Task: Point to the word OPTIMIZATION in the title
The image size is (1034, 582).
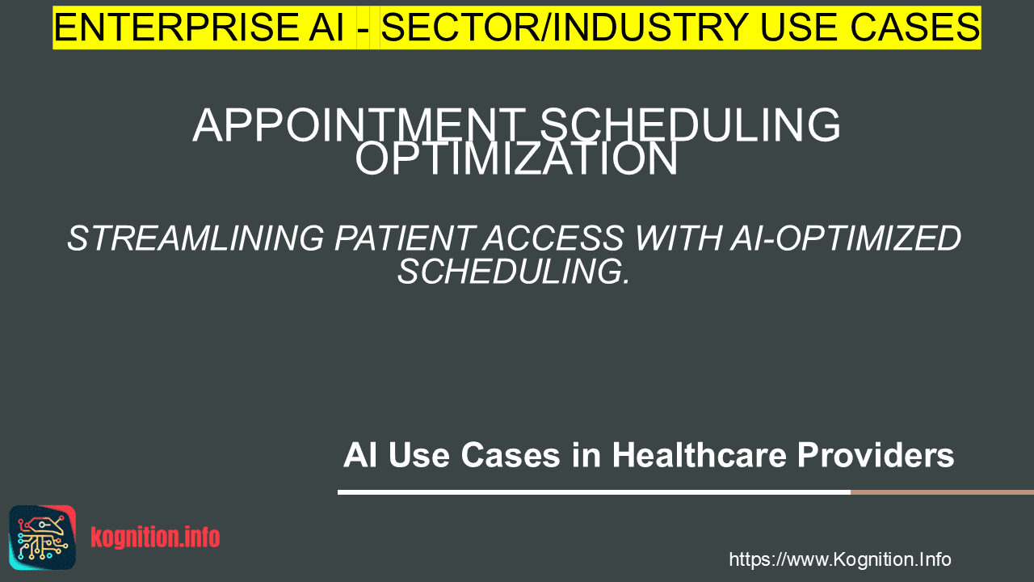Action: pyautogui.click(x=516, y=158)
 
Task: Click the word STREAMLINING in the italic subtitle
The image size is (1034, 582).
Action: pyautogui.click(x=195, y=238)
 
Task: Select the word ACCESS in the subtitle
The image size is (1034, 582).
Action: pyautogui.click(x=554, y=238)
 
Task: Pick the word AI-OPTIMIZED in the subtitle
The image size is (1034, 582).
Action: pyautogui.click(x=846, y=238)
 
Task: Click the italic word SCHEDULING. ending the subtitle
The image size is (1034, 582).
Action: pyautogui.click(x=514, y=272)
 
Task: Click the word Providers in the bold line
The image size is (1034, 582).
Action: pyautogui.click(x=876, y=455)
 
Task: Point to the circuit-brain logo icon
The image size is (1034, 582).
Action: pyautogui.click(x=43, y=538)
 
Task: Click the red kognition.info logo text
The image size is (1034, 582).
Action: pyautogui.click(x=155, y=538)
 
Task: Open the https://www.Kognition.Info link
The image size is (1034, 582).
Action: pyautogui.click(x=840, y=559)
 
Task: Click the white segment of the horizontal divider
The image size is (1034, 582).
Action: pyautogui.click(x=594, y=492)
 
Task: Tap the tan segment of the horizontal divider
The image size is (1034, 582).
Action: pyautogui.click(x=942, y=492)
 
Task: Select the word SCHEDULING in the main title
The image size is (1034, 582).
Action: pyautogui.click(x=690, y=125)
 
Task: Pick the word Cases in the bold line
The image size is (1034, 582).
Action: pyautogui.click(x=511, y=455)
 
